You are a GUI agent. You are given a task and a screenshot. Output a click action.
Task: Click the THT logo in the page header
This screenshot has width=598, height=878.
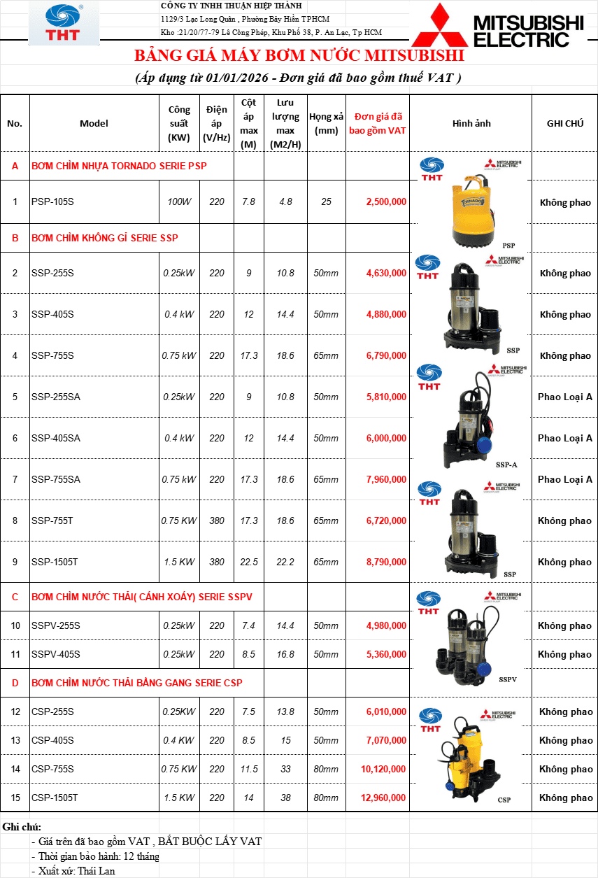[x=64, y=22]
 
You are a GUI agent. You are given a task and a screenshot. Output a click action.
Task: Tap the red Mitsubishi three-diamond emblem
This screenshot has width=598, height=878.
[x=440, y=26]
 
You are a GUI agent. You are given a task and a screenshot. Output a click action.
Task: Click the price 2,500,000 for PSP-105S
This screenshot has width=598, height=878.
[x=386, y=202]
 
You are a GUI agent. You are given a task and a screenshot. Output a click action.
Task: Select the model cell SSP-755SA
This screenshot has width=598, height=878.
[x=56, y=479]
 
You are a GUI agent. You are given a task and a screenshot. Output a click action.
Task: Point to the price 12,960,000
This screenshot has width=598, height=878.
[x=383, y=798]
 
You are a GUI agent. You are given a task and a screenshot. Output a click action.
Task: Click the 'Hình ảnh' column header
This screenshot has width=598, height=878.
[x=471, y=123]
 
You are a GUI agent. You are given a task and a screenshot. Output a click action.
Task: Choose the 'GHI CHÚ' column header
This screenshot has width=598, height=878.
[x=565, y=123]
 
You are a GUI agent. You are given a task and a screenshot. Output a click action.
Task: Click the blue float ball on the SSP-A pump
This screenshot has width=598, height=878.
[x=485, y=444]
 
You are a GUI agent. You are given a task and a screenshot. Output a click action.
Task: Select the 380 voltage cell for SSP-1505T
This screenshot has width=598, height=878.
[x=217, y=562]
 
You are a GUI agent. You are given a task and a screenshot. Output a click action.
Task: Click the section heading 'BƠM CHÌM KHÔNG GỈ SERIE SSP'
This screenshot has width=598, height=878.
[x=105, y=238]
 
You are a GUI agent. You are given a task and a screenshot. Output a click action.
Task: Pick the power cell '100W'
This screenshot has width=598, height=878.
[x=179, y=202]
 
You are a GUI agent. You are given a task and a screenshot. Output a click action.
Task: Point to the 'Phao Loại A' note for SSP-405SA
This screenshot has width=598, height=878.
[x=564, y=438]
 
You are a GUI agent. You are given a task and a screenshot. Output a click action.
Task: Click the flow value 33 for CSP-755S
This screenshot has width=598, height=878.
[x=285, y=769]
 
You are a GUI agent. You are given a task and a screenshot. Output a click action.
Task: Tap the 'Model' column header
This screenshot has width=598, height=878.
[x=94, y=123]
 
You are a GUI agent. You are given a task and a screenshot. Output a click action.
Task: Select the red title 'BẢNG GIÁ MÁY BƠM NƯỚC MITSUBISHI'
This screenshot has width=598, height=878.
[x=299, y=55]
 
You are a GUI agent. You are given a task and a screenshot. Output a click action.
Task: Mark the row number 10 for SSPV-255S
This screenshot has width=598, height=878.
[x=15, y=625]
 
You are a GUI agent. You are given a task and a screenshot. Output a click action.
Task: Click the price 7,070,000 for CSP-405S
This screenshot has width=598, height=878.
[x=386, y=740]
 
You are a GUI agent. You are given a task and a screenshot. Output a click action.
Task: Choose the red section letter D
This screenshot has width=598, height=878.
[x=15, y=683]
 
